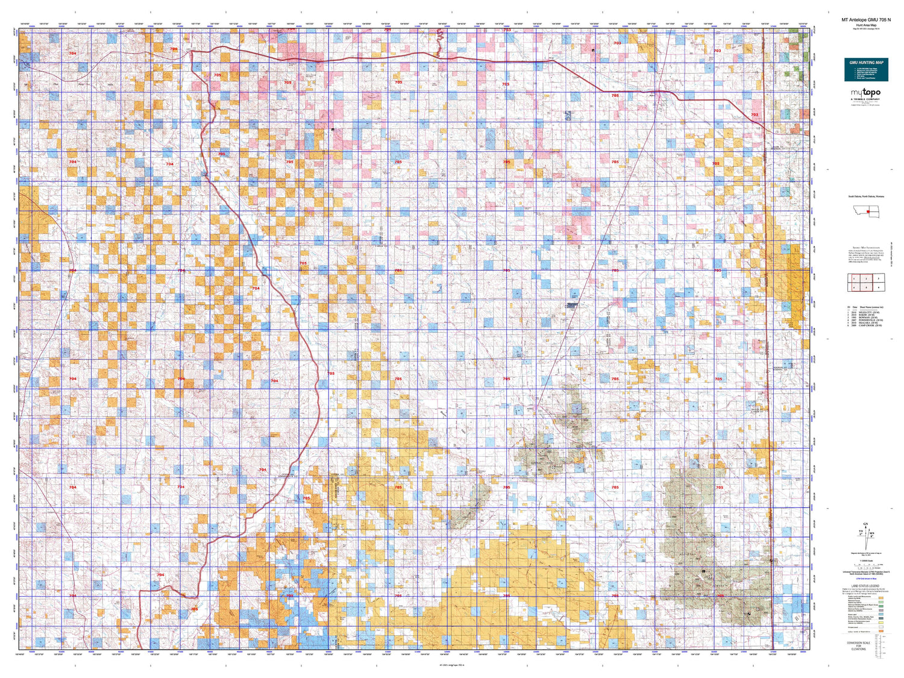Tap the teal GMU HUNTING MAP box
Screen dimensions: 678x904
(866, 69)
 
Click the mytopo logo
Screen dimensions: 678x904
(865, 93)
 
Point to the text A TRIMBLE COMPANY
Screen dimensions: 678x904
(865, 99)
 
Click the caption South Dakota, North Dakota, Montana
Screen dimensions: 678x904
(866, 196)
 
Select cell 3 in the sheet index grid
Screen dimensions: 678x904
(879, 279)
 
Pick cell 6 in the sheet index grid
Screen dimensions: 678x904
(879, 287)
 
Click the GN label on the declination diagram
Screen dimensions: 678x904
(865, 524)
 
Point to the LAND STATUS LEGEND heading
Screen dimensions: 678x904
(865, 586)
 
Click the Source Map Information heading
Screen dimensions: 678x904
(865, 248)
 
